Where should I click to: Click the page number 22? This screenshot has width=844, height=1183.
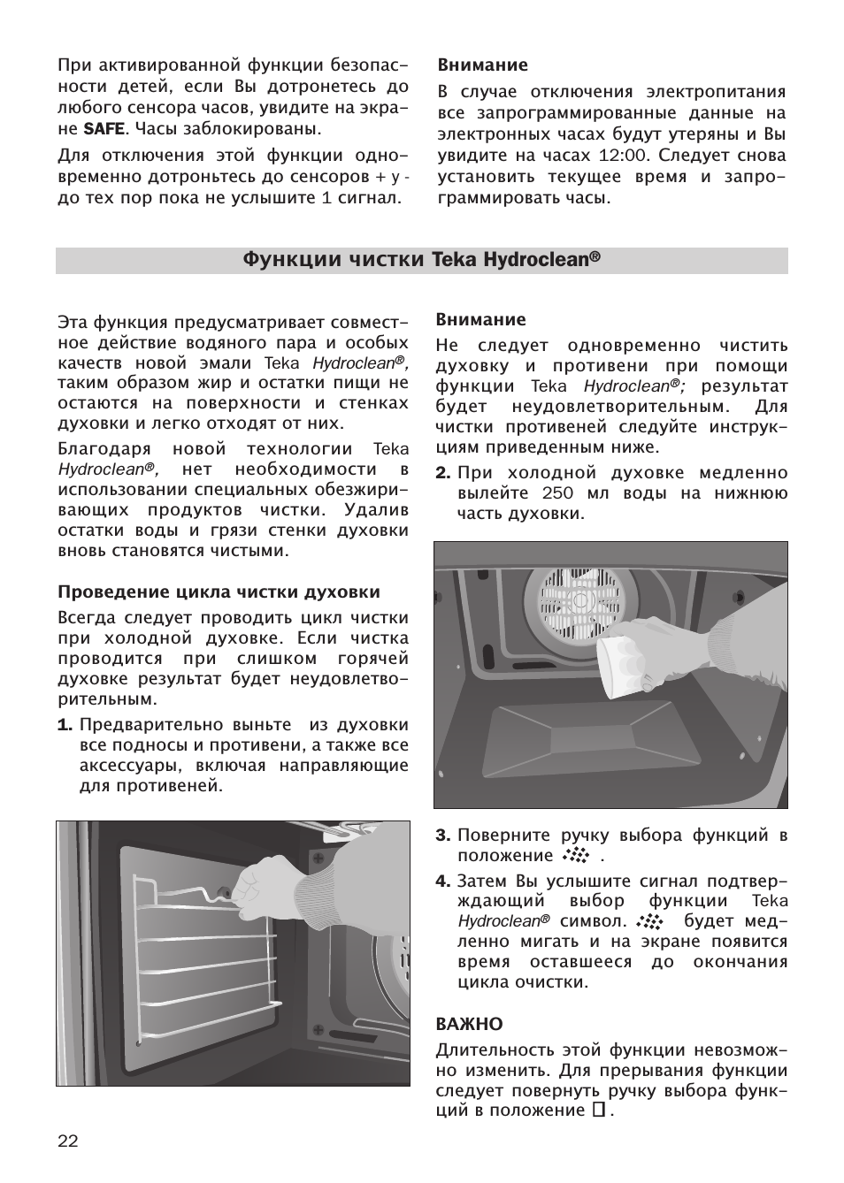[x=68, y=1141]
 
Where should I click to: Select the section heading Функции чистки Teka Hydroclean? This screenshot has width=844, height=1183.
[x=421, y=260]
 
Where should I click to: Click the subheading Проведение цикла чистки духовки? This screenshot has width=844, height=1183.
[x=219, y=591]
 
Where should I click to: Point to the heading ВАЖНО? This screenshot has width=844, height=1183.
[x=469, y=1024]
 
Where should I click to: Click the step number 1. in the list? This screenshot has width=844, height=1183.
[x=65, y=725]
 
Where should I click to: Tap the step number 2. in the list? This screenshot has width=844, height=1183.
[x=443, y=472]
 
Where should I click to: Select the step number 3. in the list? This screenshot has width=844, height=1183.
[x=443, y=836]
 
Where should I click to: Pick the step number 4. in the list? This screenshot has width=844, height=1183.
[x=443, y=881]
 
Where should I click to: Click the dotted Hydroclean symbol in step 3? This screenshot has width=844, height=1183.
[x=575, y=856]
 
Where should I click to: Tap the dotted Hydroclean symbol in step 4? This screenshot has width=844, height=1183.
[x=648, y=921]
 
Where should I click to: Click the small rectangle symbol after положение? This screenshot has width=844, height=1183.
[x=598, y=1110]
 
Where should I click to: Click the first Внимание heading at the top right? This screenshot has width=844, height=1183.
[x=482, y=65]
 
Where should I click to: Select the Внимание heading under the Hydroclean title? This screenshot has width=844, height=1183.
[x=480, y=320]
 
